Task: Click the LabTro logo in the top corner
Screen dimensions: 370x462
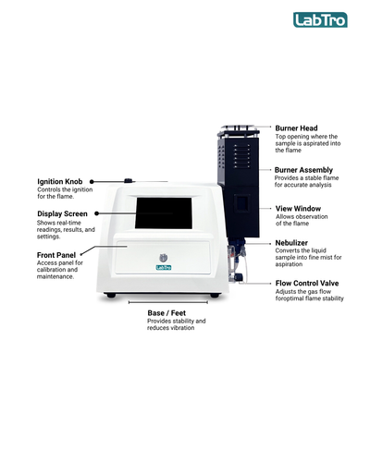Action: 320,20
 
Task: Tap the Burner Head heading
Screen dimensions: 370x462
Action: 296,128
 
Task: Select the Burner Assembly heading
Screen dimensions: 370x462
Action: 303,170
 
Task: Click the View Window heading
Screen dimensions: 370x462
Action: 298,209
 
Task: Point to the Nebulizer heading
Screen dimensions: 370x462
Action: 291,243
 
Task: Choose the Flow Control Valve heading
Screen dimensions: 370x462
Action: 307,283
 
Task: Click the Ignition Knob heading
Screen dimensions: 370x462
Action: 60,181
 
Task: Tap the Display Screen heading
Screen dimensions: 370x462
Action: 62,213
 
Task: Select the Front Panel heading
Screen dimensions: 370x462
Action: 56,255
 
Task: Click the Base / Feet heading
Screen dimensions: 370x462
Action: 166,313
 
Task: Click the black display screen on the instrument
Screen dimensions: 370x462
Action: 164,213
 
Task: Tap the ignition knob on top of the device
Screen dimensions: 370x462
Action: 129,180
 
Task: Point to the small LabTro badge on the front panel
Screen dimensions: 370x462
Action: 164,267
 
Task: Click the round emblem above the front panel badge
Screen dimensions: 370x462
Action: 164,258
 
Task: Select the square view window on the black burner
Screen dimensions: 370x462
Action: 240,203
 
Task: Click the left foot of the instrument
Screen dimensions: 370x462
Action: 111,296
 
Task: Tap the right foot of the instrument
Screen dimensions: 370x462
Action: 215,296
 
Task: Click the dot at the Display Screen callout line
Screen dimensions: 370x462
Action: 96,213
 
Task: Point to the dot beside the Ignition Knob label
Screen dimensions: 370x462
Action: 92,182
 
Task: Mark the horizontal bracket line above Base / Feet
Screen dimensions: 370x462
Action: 168,302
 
